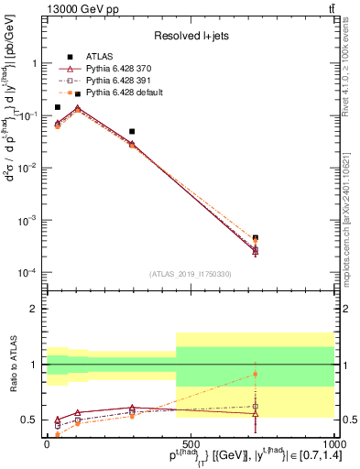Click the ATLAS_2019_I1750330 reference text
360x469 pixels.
[190, 274]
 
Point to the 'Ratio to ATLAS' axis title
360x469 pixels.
[14, 365]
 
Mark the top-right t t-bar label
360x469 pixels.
[330, 8]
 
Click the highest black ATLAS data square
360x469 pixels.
[58, 107]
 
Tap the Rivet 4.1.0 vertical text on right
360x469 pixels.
[344, 64]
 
